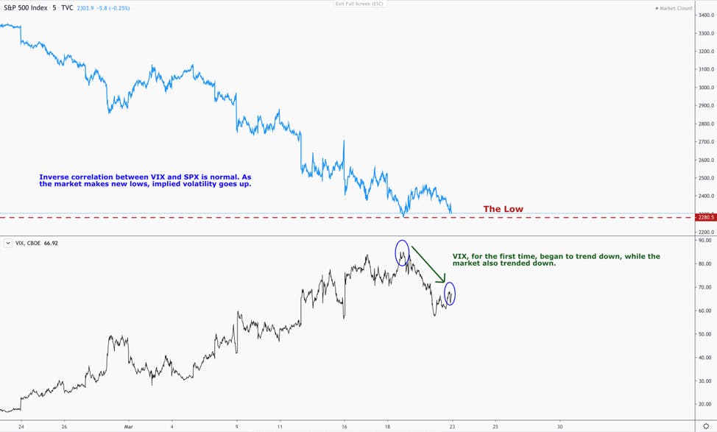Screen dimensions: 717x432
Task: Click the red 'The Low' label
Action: (503, 209)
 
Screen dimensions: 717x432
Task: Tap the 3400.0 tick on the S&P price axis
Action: (705, 15)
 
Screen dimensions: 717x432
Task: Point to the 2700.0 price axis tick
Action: (705, 142)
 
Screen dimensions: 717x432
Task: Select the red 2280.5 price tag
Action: (705, 218)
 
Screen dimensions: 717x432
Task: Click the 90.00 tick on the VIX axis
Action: (704, 240)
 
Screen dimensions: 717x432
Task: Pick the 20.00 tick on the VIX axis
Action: (704, 404)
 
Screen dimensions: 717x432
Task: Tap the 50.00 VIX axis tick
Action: (704, 334)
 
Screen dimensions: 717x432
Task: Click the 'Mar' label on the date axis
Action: (129, 427)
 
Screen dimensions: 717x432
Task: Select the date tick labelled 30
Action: (559, 427)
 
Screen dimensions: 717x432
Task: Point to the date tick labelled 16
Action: (344, 427)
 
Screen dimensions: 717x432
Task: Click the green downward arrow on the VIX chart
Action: (428, 264)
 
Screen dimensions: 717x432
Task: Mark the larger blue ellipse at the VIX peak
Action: (395, 253)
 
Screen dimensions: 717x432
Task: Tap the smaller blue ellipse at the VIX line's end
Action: (445, 294)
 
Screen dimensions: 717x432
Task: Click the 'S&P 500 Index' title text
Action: (26, 8)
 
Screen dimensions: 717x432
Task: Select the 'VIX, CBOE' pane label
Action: (28, 243)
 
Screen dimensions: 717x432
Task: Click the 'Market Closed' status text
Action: (675, 8)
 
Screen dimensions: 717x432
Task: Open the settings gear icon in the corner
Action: (706, 427)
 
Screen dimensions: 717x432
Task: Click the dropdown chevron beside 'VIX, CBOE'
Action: (8, 243)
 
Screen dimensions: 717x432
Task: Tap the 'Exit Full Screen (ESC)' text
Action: (359, 4)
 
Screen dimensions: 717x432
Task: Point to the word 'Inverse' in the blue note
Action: (54, 177)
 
